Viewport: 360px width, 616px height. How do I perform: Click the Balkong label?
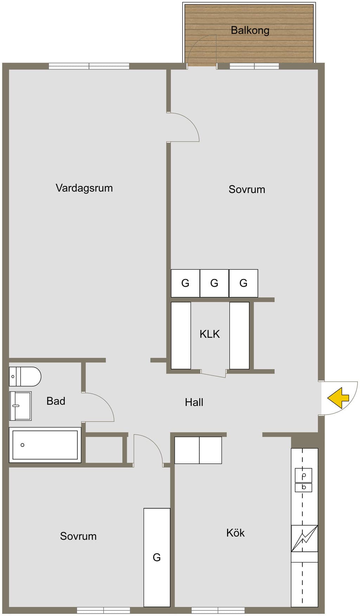tap(250, 31)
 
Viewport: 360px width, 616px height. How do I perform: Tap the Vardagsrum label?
tap(84, 188)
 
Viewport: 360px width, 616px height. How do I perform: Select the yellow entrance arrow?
tap(338, 398)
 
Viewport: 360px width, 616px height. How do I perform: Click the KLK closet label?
tap(210, 334)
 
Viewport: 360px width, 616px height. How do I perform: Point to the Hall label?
tap(194, 402)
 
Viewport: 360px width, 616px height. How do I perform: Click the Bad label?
tap(56, 401)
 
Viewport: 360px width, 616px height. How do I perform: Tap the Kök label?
tap(235, 533)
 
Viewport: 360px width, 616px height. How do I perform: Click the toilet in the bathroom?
tap(25, 377)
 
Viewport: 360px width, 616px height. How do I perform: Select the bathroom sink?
tap(20, 406)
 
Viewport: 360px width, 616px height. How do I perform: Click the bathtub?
tap(45, 445)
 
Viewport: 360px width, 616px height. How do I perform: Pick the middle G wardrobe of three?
tap(214, 283)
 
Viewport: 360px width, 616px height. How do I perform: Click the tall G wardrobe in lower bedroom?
tap(157, 557)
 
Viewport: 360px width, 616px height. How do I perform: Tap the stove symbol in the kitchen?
tap(304, 538)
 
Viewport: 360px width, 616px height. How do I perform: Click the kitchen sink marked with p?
tap(303, 476)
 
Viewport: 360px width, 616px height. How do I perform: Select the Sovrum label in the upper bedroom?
tap(247, 190)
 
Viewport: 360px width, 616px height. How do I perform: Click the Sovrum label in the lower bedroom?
tap(78, 536)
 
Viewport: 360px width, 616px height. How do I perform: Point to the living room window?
tap(89, 66)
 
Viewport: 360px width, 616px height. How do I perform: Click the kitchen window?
tap(218, 610)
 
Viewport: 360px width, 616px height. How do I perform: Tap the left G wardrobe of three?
tap(185, 283)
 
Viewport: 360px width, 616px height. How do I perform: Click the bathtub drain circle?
tap(22, 445)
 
